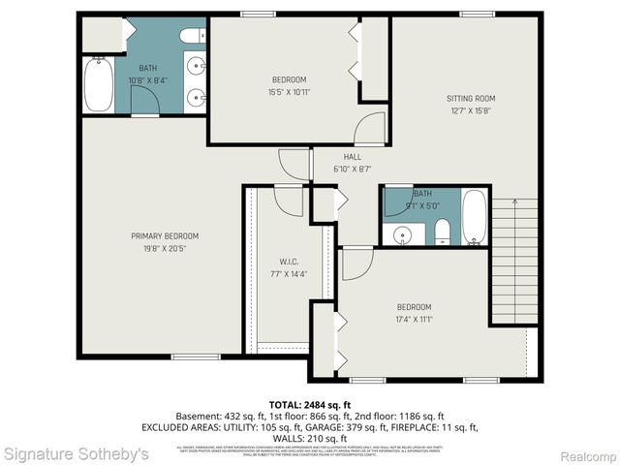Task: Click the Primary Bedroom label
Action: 166,235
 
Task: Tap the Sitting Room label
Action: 471,98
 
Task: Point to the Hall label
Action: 352,157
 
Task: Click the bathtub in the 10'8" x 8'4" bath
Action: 98,85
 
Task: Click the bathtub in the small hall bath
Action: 474,217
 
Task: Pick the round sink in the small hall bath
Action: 400,233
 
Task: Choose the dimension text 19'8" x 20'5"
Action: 166,248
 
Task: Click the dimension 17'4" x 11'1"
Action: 413,318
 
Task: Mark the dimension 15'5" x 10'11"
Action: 289,92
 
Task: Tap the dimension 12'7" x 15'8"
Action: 471,109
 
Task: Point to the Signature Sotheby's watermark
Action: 76,453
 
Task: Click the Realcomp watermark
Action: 588,454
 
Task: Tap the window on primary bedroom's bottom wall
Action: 196,356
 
